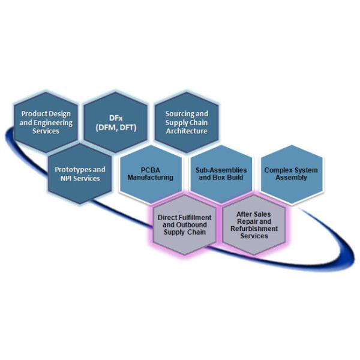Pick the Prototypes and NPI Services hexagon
[80, 174]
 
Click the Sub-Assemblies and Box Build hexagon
[221, 173]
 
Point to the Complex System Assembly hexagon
[290, 173]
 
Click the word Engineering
[53, 122]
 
